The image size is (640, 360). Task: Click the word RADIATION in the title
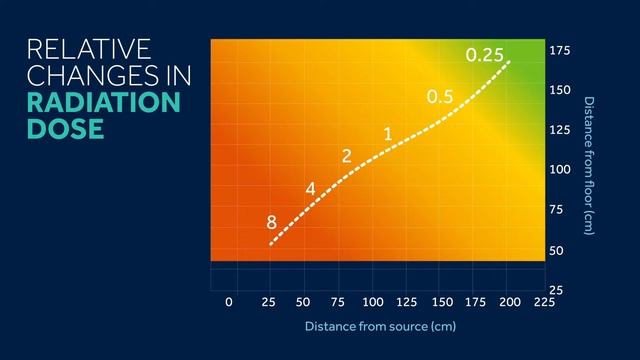[103, 103]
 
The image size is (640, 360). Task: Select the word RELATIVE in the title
[88, 49]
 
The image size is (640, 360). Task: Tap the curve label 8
[271, 223]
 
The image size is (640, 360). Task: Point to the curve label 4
[310, 188]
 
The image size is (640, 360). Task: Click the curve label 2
[346, 156]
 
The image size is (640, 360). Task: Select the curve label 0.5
[440, 97]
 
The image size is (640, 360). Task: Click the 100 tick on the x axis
[373, 301]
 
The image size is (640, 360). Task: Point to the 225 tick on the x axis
[545, 301]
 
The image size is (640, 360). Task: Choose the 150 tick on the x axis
[442, 301]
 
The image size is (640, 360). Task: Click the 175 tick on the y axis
[560, 50]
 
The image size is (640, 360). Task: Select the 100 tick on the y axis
[560, 170]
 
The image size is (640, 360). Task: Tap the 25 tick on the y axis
[557, 290]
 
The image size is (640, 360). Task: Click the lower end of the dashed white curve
[271, 244]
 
